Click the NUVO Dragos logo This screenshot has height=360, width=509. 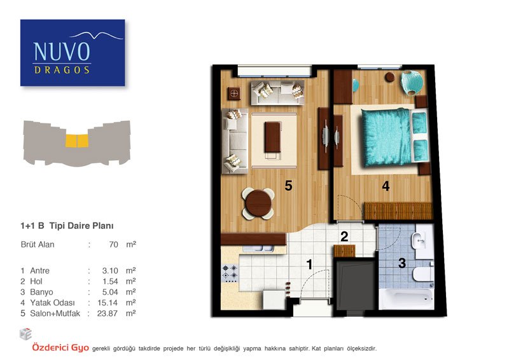click(x=73, y=53)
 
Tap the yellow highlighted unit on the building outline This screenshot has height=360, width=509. click(x=77, y=141)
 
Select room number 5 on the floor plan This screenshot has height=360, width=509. click(x=288, y=186)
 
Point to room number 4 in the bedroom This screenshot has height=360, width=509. click(x=386, y=186)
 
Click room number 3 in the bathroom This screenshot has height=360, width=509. click(x=402, y=263)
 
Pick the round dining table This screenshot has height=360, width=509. click(x=258, y=204)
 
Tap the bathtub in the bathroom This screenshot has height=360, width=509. click(x=407, y=299)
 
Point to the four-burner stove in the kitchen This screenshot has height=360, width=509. click(x=230, y=273)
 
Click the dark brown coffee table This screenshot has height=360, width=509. click(x=273, y=137)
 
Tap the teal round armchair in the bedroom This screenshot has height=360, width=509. click(x=412, y=83)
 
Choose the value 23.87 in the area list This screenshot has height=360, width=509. click(x=107, y=314)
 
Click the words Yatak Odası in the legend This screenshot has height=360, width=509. click(x=52, y=303)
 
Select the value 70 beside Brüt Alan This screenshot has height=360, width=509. click(x=114, y=244)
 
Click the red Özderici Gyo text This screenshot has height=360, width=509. click(x=60, y=348)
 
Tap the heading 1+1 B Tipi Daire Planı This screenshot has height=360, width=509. click(x=67, y=226)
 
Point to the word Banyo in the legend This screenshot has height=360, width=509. click(x=41, y=292)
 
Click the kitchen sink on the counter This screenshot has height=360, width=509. click(x=258, y=249)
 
